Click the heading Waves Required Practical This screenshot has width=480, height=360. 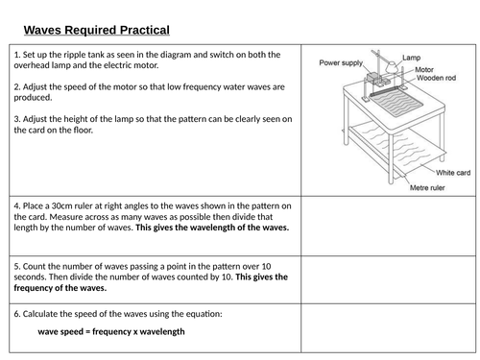click(x=97, y=30)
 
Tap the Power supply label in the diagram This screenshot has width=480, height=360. click(x=341, y=62)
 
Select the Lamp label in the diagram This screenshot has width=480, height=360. click(x=411, y=58)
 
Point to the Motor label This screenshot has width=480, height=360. click(x=424, y=69)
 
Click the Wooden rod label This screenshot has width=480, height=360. click(x=436, y=78)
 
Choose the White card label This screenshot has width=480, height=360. click(x=453, y=173)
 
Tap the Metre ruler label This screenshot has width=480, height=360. click(x=427, y=187)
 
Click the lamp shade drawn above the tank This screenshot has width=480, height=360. click(x=391, y=67)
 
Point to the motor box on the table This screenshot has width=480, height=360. click(x=372, y=78)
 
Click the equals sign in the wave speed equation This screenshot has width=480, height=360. click(x=88, y=332)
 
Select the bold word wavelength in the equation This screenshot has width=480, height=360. click(x=162, y=332)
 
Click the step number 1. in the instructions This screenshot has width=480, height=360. click(x=17, y=55)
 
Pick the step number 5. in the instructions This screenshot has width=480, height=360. click(x=17, y=267)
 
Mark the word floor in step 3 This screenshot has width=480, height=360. click(x=83, y=130)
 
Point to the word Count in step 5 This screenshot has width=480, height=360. click(x=35, y=267)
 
